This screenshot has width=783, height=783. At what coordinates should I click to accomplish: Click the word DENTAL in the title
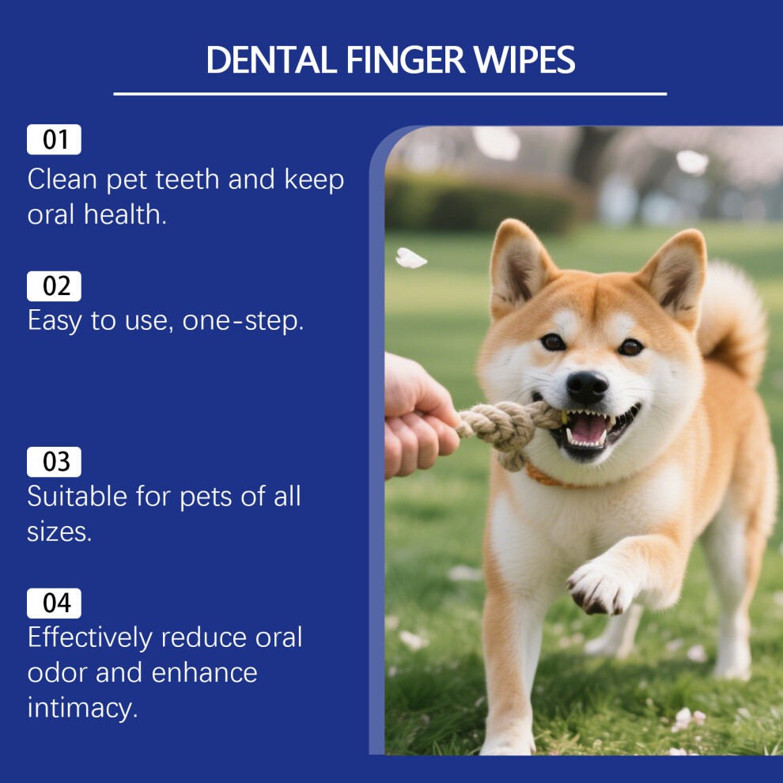pos(271,60)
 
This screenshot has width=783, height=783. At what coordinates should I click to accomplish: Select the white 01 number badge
pos(54,139)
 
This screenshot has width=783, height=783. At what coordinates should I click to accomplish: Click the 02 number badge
pos(54,286)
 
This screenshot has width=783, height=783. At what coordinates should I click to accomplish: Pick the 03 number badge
pos(54,462)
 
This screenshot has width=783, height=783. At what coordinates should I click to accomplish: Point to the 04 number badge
pos(54,603)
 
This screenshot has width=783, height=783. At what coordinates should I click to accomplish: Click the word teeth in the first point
pos(187,180)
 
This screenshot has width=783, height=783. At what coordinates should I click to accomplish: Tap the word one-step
pos(243,321)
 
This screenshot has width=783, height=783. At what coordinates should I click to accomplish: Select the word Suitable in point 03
pos(78,497)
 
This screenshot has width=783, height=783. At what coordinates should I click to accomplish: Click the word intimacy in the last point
pos(82,708)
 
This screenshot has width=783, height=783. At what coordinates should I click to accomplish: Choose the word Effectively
pos(90,637)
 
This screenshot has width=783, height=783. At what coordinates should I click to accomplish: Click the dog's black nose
pos(587,387)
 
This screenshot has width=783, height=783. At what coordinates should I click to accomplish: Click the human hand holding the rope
pos(418,415)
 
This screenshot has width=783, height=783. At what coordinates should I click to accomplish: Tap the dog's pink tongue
pos(589,430)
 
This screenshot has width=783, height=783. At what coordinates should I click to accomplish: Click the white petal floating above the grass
pos(410,258)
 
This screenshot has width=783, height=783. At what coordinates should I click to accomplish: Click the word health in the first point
pos(125,214)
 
